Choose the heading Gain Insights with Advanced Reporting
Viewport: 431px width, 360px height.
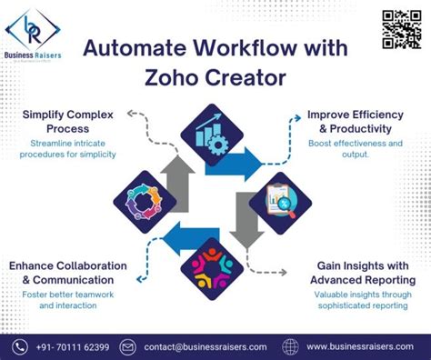tap(361, 273)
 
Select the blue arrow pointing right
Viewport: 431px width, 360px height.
tap(240, 164)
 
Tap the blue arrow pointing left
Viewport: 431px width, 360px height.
tap(188, 239)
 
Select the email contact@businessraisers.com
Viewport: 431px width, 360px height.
tap(205, 346)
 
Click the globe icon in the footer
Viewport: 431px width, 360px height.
tap(290, 346)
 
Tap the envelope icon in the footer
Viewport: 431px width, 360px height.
tap(127, 346)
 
